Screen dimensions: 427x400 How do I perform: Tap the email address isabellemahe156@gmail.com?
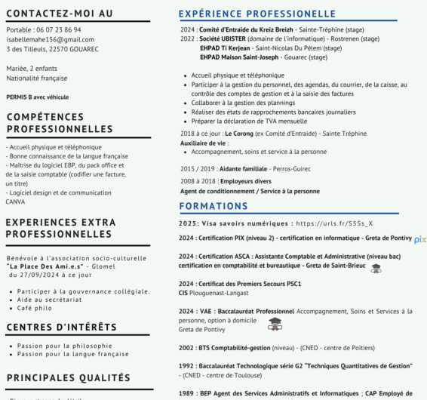tap(50, 39)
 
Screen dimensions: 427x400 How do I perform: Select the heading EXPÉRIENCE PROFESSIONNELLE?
tap(257, 14)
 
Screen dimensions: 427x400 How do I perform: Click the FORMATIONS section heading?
tap(213, 206)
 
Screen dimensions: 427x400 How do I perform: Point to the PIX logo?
tap(420, 239)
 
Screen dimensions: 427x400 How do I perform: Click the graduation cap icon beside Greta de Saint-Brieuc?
tap(376, 268)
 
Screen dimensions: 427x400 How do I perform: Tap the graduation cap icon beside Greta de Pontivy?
tap(275, 324)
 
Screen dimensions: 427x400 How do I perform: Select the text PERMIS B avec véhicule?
tap(37, 97)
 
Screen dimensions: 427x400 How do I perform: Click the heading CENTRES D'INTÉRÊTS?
tap(61, 327)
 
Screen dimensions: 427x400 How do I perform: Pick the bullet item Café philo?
tap(35, 308)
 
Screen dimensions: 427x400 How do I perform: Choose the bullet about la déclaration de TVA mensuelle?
tap(249, 121)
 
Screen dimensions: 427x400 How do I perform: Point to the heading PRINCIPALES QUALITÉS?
tap(68, 377)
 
